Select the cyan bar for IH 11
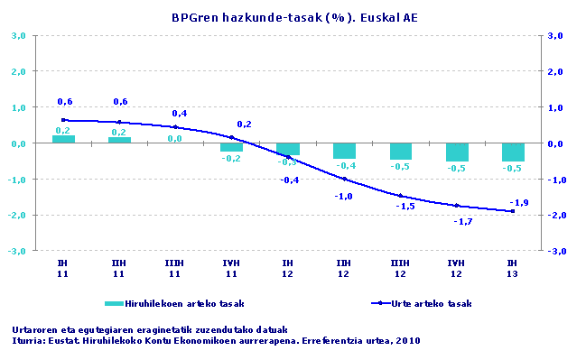click(x=63, y=139)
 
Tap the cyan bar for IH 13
click(x=513, y=152)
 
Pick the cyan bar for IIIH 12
click(x=401, y=152)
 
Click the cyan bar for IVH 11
click(x=232, y=147)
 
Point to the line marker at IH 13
click(x=513, y=211)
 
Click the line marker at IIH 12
click(x=344, y=179)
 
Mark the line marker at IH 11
click(x=63, y=120)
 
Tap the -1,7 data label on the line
click(x=462, y=221)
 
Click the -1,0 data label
click(x=344, y=196)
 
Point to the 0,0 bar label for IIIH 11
click(x=175, y=138)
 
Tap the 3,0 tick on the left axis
click(x=17, y=36)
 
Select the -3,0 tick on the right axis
click(x=555, y=251)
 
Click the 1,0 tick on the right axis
click(x=555, y=107)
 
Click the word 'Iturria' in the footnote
click(x=29, y=341)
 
